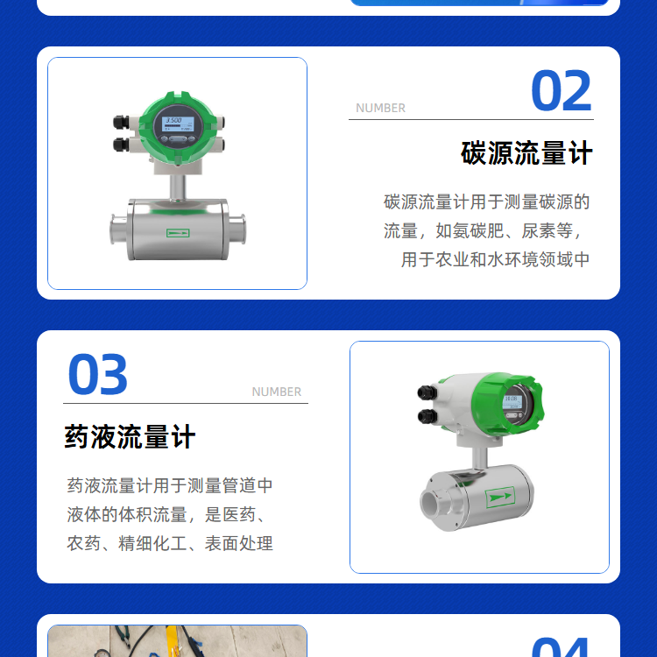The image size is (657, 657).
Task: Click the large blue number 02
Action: (x=561, y=90)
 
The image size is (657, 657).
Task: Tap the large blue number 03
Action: (x=97, y=374)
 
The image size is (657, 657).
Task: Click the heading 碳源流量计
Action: (x=526, y=153)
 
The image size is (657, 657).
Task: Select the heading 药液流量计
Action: (x=130, y=436)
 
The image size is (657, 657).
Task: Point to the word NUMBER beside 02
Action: (x=380, y=108)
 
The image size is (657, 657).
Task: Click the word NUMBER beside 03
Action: (x=277, y=392)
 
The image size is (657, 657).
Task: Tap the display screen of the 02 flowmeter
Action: (x=178, y=125)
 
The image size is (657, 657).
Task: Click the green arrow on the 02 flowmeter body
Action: (x=178, y=233)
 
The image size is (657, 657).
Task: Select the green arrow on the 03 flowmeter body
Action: (x=500, y=497)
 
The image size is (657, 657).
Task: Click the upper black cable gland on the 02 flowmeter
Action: (x=121, y=123)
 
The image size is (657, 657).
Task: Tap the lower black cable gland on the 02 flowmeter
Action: (x=121, y=145)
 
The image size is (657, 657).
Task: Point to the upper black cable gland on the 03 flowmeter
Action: (x=427, y=392)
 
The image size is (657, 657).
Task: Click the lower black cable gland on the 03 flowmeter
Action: (x=427, y=416)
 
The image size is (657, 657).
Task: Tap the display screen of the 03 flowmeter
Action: (x=512, y=402)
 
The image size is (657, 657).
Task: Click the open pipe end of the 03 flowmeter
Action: (x=432, y=503)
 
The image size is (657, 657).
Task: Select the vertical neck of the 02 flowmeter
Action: (x=178, y=187)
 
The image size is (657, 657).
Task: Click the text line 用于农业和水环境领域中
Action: (x=495, y=259)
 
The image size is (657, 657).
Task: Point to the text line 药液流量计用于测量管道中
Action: (x=170, y=485)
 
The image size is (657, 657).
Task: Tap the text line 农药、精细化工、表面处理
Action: (x=170, y=543)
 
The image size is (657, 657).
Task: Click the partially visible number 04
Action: (x=561, y=647)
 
